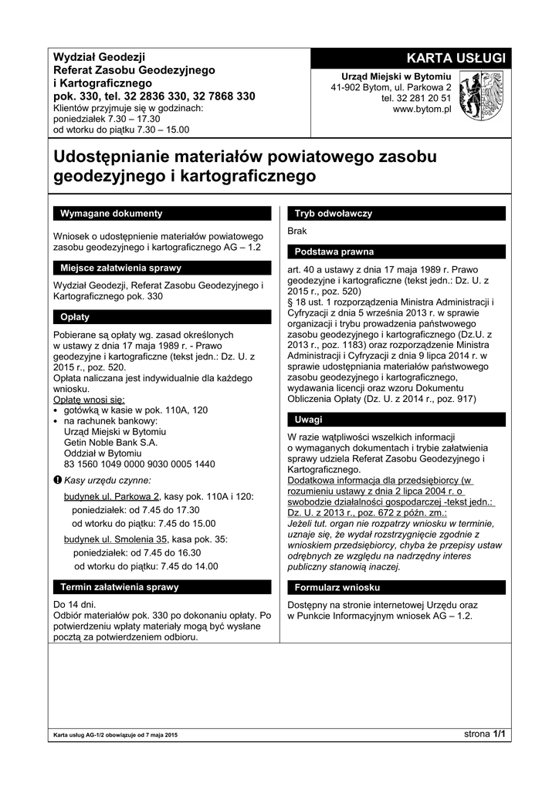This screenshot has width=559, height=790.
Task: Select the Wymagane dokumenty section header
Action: tap(161, 213)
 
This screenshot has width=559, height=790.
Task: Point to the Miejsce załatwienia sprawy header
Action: tap(161, 268)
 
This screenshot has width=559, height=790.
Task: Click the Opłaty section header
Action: tap(161, 317)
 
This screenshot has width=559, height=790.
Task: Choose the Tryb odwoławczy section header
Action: tap(396, 213)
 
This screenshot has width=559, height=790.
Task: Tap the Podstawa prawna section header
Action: tap(396, 252)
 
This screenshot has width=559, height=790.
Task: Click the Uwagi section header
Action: tap(396, 420)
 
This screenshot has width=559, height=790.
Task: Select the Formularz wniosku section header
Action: tap(396, 587)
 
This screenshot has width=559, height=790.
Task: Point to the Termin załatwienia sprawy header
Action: tap(161, 587)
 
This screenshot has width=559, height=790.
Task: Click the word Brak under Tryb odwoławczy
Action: tap(297, 231)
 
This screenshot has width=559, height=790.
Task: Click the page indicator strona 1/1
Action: tap(484, 734)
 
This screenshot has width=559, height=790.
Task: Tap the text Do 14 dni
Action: tap(75, 604)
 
